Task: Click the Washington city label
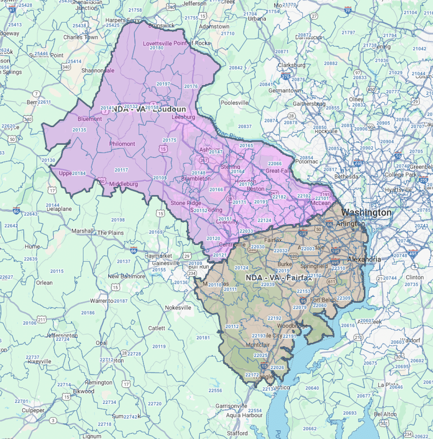pyautogui.click(x=366, y=213)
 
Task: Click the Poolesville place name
pyautogui.click(x=235, y=102)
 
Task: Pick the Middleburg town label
pyautogui.click(x=123, y=184)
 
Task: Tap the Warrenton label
pyautogui.click(x=102, y=300)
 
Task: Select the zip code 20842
pyautogui.click(x=236, y=68)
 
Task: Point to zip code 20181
pyautogui.click(x=203, y=337)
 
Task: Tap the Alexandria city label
pyautogui.click(x=364, y=259)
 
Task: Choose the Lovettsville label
pyautogui.click(x=159, y=43)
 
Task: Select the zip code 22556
pyautogui.click(x=215, y=390)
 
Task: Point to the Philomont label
pyautogui.click(x=122, y=144)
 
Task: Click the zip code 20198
pyautogui.click(x=118, y=220)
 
